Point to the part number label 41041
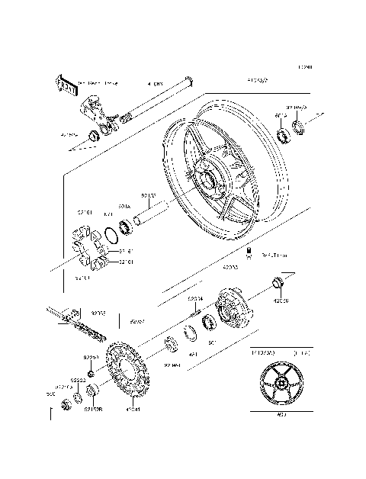pyautogui.click(x=133, y=409)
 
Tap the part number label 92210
pyautogui.click(x=91, y=357)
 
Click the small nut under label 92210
pyautogui.click(x=91, y=374)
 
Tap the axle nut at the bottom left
pyautogui.click(x=66, y=403)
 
